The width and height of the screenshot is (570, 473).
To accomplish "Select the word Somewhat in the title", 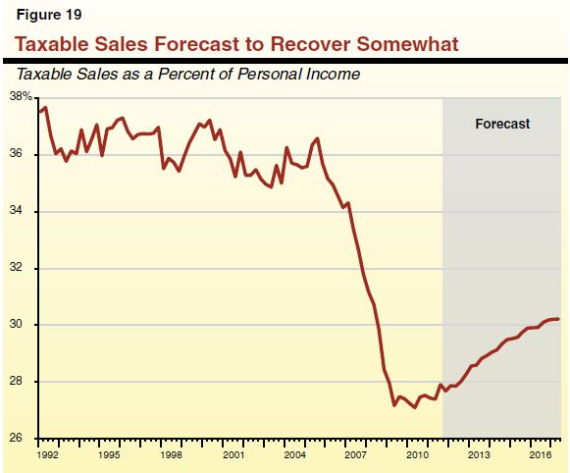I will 411,44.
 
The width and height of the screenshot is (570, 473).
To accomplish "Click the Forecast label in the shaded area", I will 501,124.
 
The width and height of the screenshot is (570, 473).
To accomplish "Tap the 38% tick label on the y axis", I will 20,97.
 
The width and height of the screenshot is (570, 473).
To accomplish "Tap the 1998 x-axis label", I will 172,456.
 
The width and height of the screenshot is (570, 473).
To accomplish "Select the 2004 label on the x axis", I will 295,456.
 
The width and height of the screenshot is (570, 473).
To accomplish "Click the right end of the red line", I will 559,319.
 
